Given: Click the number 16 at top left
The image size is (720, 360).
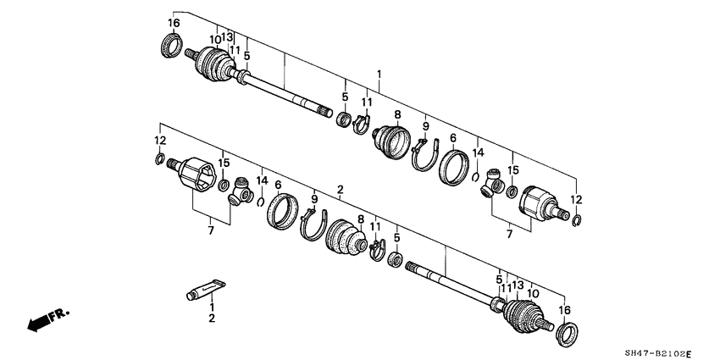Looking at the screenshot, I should pos(174,22).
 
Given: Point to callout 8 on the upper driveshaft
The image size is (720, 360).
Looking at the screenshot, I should pos(396,114).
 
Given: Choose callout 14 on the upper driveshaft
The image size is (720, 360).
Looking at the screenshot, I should pos(479,152).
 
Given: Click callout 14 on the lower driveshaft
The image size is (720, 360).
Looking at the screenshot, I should pos(263,180).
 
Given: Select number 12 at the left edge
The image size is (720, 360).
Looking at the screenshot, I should pos(159,139).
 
